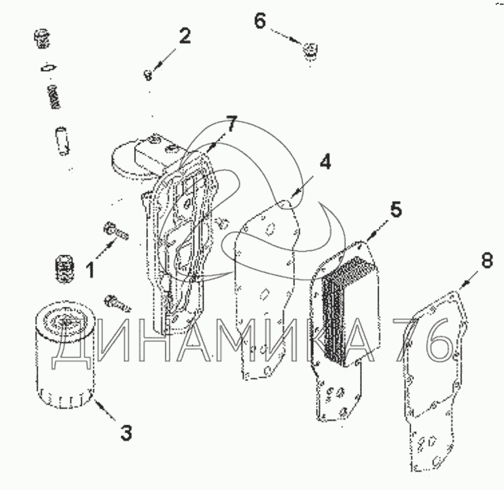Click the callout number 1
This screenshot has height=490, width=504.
pos(91,270)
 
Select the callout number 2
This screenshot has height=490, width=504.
pos(185,36)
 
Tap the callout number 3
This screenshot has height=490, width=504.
pos(126,432)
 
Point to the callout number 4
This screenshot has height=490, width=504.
pos(325,162)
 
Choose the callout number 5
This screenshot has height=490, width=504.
pos(396,209)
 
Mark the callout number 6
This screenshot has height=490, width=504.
pos(260,21)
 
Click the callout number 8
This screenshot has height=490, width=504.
pos(487,260)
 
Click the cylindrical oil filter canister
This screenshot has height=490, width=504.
pos(64,355)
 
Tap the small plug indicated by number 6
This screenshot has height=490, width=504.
pos(311,51)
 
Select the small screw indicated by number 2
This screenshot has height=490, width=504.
pos(147,75)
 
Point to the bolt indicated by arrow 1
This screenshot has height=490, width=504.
pos(116,231)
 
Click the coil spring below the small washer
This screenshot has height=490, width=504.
pos(54,97)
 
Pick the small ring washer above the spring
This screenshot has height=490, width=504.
pos(49,68)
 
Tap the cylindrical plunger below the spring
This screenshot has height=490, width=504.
pos(62,141)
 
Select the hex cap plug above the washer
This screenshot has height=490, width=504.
pos(41,39)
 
